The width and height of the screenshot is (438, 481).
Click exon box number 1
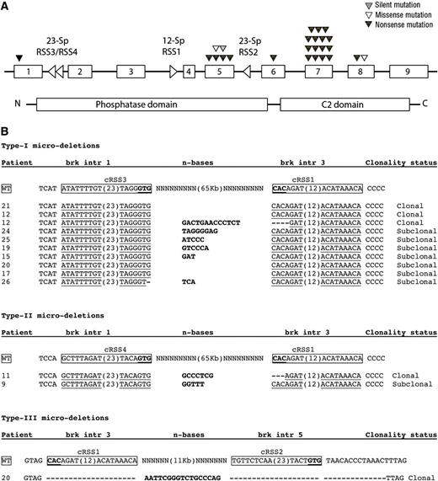click(29, 72)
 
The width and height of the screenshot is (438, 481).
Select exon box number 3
click(131, 72)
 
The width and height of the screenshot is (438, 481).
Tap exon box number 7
click(318, 72)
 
